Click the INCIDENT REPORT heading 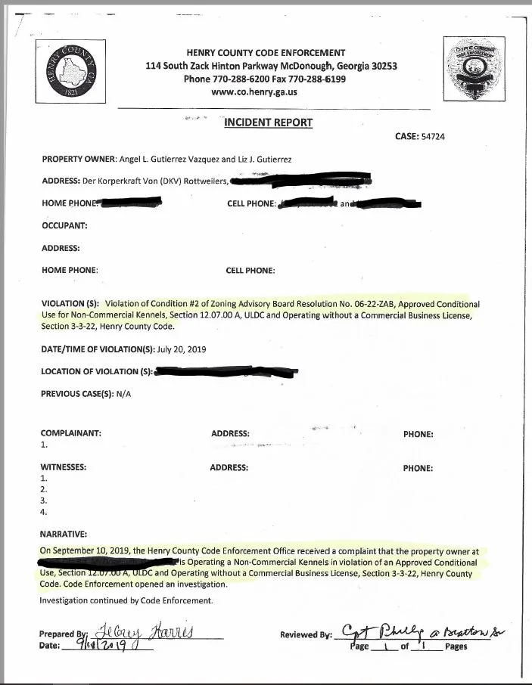268,122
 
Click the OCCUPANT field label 65,225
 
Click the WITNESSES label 64,467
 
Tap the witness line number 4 43,512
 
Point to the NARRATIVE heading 64,535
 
